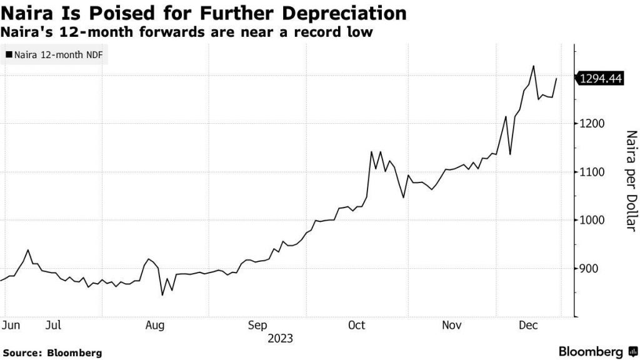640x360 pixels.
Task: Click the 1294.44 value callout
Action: (x=599, y=79)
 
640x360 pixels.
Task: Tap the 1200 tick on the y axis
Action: (x=591, y=124)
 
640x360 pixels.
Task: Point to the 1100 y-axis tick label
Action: (x=591, y=172)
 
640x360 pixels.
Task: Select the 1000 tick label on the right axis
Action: (x=591, y=220)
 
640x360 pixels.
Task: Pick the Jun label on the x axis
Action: (x=11, y=325)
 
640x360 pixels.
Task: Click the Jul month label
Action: (x=53, y=325)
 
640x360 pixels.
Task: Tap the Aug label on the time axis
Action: (x=155, y=325)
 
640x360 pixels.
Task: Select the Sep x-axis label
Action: (x=257, y=325)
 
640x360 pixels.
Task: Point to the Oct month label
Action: (x=356, y=325)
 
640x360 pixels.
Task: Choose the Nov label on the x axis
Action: (x=452, y=325)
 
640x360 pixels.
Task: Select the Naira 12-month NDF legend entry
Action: (x=55, y=55)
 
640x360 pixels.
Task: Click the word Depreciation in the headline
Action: (x=335, y=13)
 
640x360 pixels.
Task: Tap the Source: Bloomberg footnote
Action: (x=51, y=353)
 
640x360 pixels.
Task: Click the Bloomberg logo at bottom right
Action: (x=597, y=352)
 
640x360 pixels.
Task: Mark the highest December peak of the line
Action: (x=533, y=66)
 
